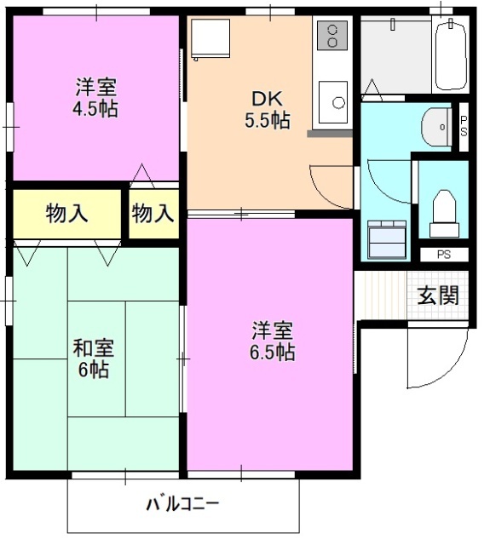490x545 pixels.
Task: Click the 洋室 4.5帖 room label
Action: (95, 97)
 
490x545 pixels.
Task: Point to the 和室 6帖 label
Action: (93, 359)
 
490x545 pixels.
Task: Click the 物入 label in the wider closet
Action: (66, 213)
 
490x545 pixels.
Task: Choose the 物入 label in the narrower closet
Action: (153, 213)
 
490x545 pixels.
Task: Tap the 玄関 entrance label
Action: (438, 295)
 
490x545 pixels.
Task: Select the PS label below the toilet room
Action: (443, 255)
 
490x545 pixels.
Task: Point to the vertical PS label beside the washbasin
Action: (464, 126)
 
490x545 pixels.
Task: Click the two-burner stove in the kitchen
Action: (331, 36)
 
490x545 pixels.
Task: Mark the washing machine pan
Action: (387, 238)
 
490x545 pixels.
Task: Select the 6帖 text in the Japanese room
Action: (95, 370)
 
